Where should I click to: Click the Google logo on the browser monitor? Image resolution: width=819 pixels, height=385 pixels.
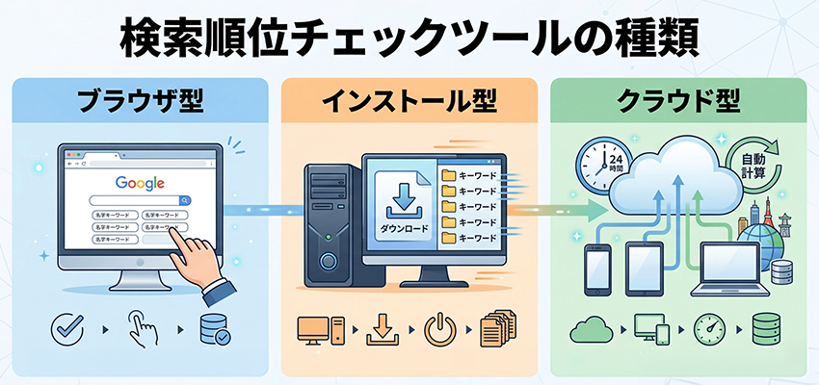click(141, 182)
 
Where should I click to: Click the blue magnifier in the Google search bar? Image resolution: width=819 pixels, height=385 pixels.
click(184, 200)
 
